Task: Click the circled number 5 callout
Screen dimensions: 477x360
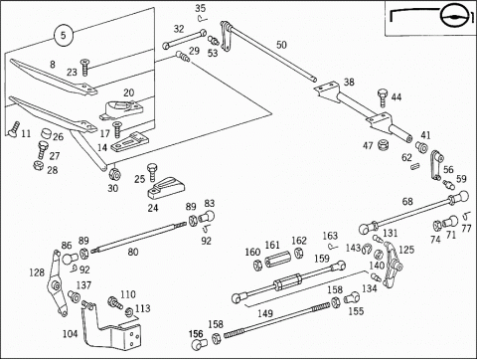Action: pyautogui.click(x=63, y=35)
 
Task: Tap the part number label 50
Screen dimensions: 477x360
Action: pyautogui.click(x=281, y=45)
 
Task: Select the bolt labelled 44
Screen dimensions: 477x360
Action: pyautogui.click(x=383, y=97)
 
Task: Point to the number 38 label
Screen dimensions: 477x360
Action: pyautogui.click(x=349, y=82)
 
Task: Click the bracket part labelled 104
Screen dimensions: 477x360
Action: pyautogui.click(x=109, y=326)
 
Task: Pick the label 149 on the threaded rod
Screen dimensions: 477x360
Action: pyautogui.click(x=265, y=313)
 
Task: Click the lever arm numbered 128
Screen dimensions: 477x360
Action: pyautogui.click(x=56, y=284)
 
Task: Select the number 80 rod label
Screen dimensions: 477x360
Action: pyautogui.click(x=133, y=253)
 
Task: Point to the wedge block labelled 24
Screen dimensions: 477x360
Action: pyautogui.click(x=166, y=189)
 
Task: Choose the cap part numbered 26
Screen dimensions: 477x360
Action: pyautogui.click(x=47, y=134)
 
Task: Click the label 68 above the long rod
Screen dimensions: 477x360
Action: pyautogui.click(x=407, y=201)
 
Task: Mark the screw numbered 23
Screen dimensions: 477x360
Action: pyautogui.click(x=85, y=68)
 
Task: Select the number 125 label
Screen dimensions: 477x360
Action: pyautogui.click(x=406, y=250)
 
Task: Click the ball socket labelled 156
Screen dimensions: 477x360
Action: pyautogui.click(x=199, y=344)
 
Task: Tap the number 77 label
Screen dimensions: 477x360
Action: pyautogui.click(x=466, y=229)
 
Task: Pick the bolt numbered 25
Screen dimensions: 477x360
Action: pyautogui.click(x=152, y=172)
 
